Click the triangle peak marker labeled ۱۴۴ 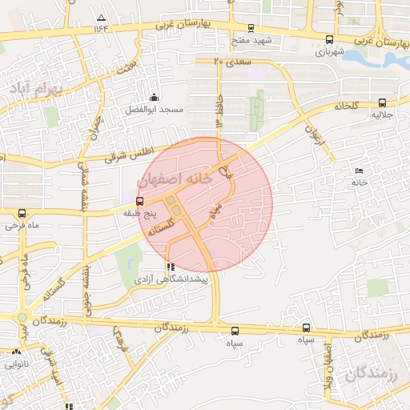point(101,17)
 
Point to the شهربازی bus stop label point(330,51)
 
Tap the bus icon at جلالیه point(382,102)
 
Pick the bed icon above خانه point(359,171)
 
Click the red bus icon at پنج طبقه point(140,201)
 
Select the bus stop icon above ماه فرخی point(22,214)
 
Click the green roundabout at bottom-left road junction point(22,317)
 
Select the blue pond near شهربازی point(376,58)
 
